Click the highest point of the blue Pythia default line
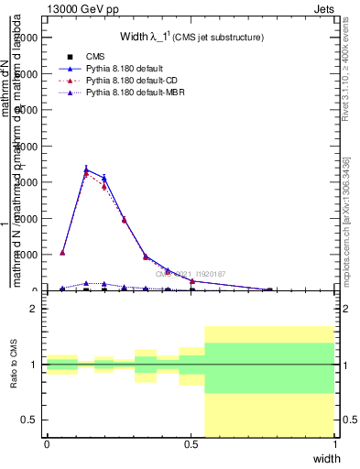(x=86, y=169)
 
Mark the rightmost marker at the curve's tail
(x=269, y=289)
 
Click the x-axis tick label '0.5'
(x=191, y=444)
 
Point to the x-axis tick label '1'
(x=335, y=444)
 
